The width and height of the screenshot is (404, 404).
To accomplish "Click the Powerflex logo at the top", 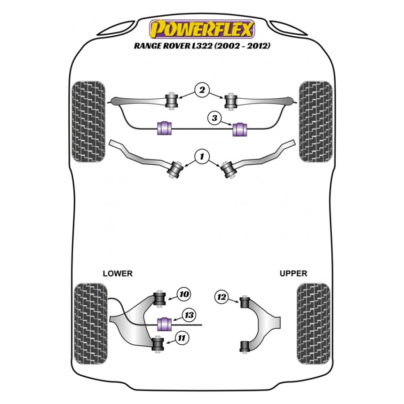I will (x=202, y=28).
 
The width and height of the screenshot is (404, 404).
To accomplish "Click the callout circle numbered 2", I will (x=202, y=91).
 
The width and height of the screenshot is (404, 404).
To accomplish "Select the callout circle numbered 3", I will (x=215, y=119).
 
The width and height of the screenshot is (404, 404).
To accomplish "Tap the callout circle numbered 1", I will (x=202, y=156).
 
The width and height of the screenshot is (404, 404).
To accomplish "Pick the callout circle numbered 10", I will (x=184, y=294).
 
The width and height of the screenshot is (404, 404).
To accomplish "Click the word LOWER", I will (x=118, y=273).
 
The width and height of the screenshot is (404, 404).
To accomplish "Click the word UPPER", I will (x=293, y=273).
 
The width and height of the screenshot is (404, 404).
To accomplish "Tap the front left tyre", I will (x=88, y=122).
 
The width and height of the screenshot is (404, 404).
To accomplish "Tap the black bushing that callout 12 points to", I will (x=244, y=303).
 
